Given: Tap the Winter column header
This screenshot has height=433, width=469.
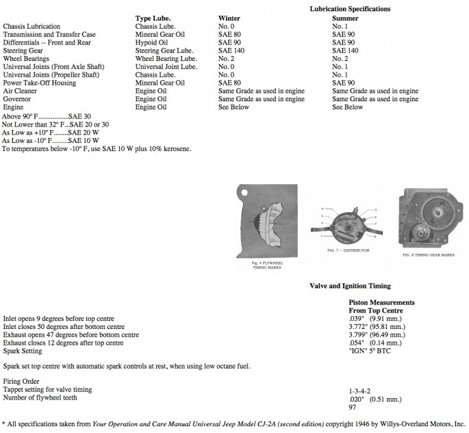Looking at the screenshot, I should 229,18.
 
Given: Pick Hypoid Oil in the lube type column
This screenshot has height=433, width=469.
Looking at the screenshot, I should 153,42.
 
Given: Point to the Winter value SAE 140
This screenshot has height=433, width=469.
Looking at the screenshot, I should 232,50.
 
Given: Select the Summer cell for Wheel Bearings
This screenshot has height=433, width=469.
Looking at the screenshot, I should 340,58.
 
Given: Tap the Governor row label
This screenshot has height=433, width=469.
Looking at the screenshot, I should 18,99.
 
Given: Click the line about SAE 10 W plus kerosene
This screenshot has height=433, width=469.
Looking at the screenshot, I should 97,148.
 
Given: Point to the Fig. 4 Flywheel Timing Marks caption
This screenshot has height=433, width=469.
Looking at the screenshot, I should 268,264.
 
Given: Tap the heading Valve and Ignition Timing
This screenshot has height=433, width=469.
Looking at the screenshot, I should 350,286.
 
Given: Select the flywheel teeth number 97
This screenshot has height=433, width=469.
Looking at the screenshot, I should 353,406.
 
